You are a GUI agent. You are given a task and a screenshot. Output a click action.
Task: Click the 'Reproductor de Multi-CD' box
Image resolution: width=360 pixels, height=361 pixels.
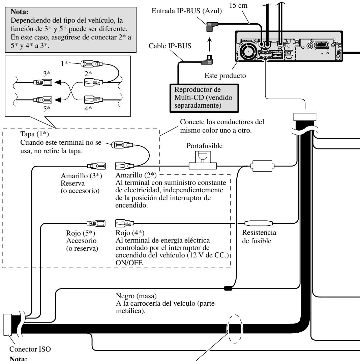(204, 98)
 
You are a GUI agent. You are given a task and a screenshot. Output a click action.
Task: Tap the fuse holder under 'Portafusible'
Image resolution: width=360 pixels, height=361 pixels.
(203, 160)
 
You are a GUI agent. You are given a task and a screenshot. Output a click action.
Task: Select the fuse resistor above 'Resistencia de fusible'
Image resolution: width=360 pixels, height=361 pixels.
(258, 223)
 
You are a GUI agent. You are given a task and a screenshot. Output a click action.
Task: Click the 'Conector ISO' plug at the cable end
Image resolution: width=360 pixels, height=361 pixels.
(8, 324)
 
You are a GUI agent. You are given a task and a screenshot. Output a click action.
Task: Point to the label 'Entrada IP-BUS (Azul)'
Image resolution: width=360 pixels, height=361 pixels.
(186, 11)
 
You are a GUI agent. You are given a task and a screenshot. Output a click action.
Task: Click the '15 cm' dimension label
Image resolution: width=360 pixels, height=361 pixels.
(238, 5)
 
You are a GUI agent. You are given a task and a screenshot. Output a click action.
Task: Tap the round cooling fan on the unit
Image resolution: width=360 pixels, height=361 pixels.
(248, 51)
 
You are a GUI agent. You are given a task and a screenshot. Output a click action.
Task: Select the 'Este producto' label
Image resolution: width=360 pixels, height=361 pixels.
(225, 76)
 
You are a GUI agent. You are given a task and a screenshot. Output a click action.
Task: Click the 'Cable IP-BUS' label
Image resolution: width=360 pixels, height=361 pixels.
(170, 46)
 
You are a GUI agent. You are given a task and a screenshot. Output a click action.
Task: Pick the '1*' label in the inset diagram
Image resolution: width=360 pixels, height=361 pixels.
(64, 63)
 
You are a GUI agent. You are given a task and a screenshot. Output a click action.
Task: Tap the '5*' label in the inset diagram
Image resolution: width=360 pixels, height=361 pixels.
(47, 109)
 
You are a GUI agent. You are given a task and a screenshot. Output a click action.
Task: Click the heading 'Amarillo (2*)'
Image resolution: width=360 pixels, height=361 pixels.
(136, 175)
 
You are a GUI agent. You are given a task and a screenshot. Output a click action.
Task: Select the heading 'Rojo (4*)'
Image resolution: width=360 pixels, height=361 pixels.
(130, 233)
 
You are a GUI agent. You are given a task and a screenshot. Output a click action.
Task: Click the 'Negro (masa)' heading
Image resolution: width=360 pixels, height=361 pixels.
(136, 296)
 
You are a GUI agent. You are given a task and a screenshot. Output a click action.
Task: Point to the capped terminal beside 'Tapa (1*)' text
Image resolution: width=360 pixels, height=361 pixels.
(122, 145)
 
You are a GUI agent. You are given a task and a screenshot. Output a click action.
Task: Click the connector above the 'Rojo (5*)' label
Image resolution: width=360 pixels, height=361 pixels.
(96, 223)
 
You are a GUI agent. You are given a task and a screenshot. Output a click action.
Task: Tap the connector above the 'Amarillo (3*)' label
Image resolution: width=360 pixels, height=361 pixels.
(97, 166)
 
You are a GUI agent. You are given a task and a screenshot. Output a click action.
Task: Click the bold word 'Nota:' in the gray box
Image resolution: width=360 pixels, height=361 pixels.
(20, 12)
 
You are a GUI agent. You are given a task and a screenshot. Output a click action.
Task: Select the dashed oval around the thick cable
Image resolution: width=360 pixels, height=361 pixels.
(235, 329)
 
